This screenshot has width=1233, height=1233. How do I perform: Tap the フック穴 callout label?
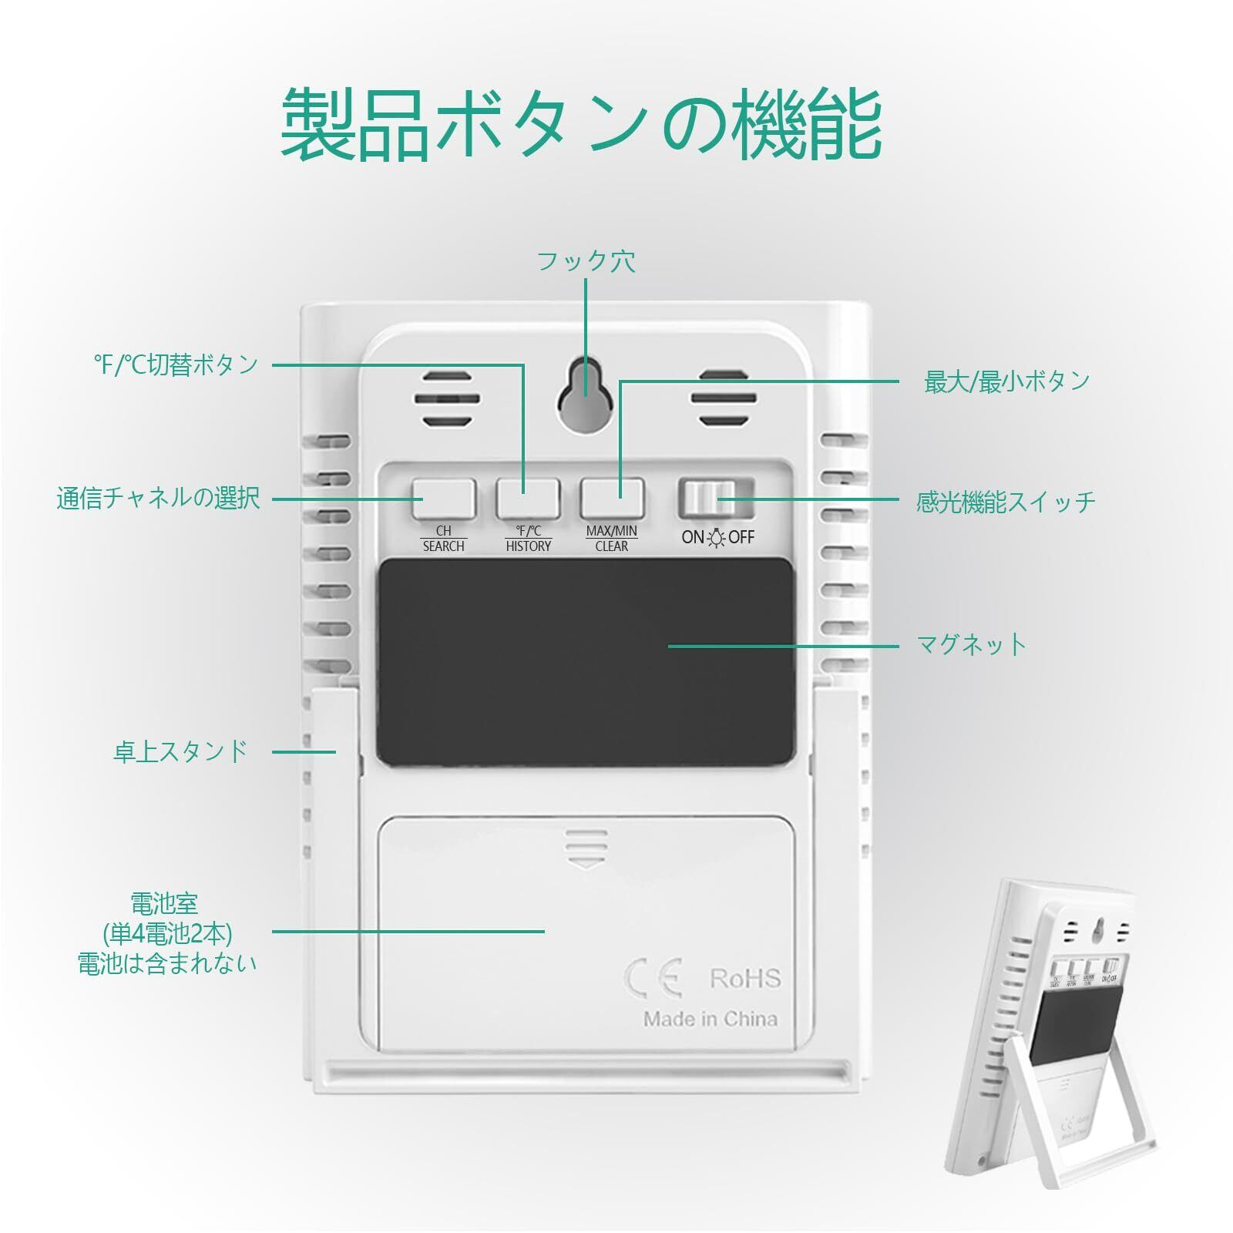586,261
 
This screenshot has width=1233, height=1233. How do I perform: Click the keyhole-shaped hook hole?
586,385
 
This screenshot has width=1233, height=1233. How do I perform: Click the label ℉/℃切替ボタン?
176,365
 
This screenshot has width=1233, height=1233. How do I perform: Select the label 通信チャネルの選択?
158,498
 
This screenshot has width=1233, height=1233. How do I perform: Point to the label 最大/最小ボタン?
1006,381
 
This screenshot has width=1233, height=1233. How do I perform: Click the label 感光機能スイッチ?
1006,502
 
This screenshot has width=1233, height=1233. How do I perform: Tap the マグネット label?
972,643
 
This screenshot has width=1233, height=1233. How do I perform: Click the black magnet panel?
586,663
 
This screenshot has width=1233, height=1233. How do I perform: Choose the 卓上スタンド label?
180,751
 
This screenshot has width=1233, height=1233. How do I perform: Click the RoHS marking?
744,979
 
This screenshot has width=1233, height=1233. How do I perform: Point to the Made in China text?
710,1019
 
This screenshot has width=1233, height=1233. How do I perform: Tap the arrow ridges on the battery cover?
586,848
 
